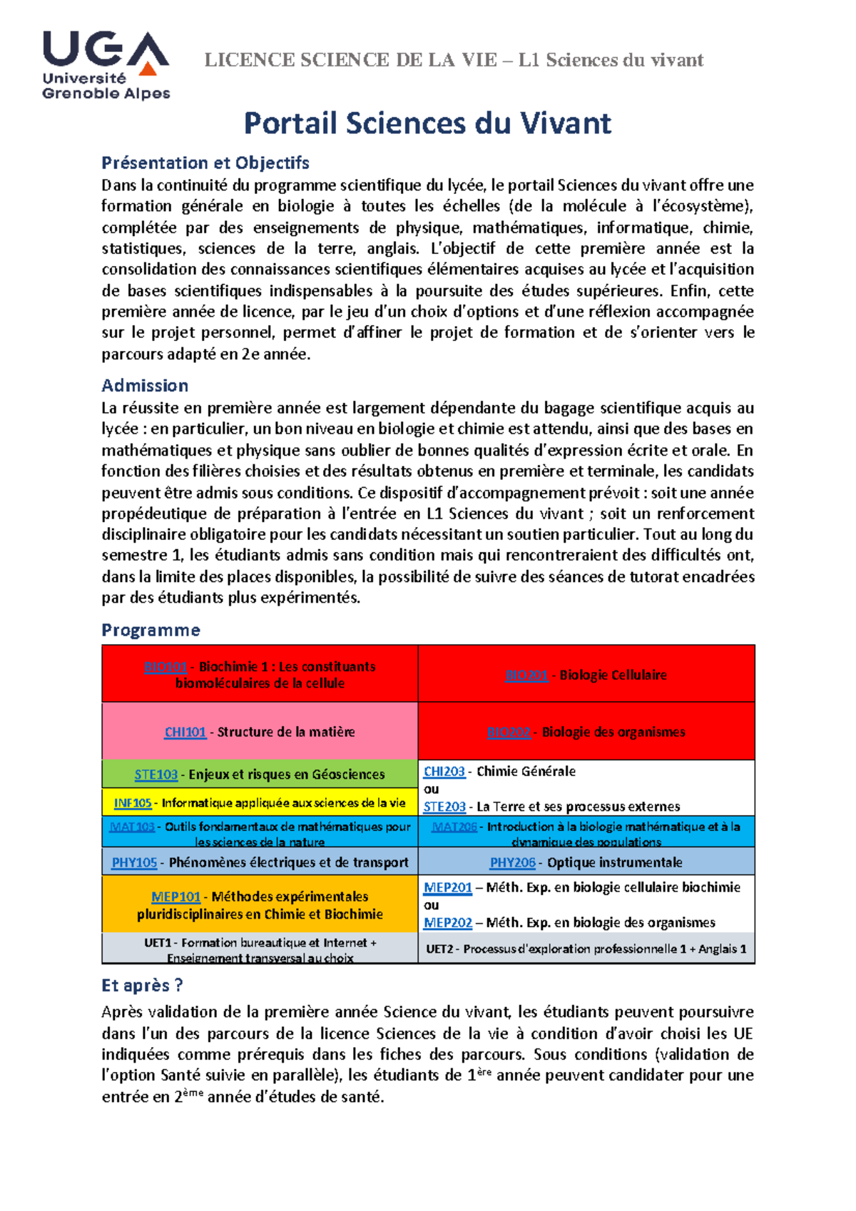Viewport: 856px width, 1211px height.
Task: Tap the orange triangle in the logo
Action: pos(148,68)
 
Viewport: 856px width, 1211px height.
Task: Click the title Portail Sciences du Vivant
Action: pos(427,123)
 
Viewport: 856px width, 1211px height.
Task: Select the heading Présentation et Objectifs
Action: pos(205,163)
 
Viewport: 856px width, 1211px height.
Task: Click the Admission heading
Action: pos(145,386)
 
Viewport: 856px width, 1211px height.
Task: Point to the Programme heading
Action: pos(151,630)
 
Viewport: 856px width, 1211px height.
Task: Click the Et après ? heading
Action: pos(142,986)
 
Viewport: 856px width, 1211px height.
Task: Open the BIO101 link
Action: pos(165,667)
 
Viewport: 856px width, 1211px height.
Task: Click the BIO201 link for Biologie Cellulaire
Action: pos(526,675)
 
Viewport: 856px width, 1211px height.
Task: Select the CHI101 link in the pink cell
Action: pos(185,732)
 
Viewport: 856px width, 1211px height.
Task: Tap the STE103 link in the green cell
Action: pos(156,775)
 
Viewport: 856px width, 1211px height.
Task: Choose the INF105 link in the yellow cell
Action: pos(133,803)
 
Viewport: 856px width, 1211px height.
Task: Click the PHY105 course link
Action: pos(134,863)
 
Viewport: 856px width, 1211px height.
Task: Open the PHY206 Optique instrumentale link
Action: pos(512,863)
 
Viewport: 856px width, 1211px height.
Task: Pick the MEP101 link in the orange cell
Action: pos(175,897)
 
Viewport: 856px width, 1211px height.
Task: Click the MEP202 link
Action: pos(447,923)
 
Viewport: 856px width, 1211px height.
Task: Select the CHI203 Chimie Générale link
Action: pos(444,772)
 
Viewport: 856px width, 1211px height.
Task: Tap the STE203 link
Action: pos(444,807)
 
